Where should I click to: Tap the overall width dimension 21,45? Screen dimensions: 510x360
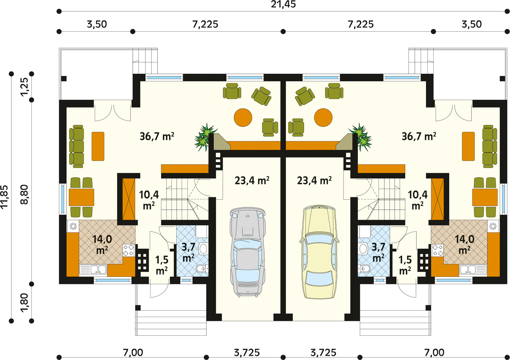283,4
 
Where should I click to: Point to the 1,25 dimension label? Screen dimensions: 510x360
24,87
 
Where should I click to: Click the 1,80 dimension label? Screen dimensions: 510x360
24,303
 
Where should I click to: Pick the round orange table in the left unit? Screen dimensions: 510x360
243,117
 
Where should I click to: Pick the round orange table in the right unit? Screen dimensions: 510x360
323,117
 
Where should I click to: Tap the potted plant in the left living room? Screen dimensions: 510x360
205,137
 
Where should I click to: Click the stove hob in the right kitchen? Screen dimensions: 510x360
437,250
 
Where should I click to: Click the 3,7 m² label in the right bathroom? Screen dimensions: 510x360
378,252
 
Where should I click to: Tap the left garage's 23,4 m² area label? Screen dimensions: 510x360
252,180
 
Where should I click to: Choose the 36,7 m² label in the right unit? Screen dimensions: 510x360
419,136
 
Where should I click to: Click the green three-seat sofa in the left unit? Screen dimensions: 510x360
76,146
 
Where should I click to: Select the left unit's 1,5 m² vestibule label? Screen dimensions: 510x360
162,265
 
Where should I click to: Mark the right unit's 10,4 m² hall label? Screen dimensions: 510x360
418,200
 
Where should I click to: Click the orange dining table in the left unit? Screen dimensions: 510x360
81,197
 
